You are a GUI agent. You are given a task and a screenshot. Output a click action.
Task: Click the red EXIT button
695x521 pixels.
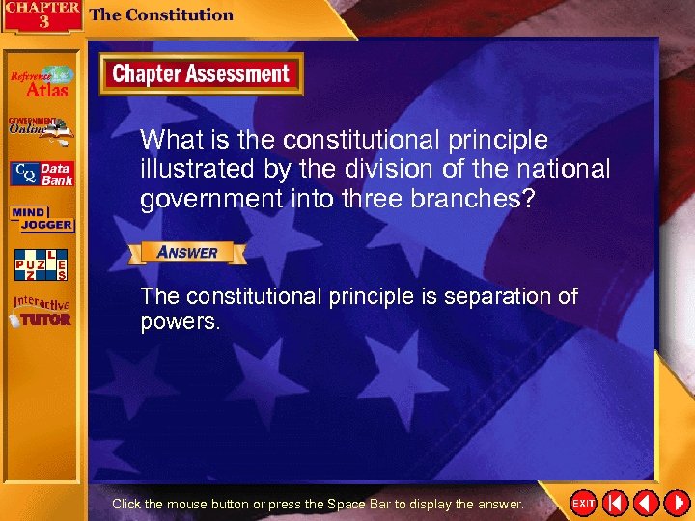[x=583, y=504]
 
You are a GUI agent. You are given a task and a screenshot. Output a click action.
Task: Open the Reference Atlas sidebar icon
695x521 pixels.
[x=42, y=81]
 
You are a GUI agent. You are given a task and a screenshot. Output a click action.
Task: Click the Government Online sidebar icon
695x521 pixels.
[x=42, y=129]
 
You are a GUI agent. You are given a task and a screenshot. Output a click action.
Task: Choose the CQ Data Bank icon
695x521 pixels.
[x=42, y=174]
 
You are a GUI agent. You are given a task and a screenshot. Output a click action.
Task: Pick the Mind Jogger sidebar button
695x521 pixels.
[x=40, y=219]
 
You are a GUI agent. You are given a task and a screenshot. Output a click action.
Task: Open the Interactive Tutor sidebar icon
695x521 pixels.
[x=42, y=311]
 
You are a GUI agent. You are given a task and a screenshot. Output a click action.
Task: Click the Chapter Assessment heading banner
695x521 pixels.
[x=201, y=74]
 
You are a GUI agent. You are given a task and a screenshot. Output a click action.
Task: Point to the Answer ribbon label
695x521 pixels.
[x=187, y=253]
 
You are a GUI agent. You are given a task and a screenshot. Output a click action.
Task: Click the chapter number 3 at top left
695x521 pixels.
[x=43, y=21]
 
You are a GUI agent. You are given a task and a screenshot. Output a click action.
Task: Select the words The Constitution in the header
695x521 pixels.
[x=161, y=14]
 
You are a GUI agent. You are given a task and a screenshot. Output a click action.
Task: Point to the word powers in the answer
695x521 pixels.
[x=181, y=321]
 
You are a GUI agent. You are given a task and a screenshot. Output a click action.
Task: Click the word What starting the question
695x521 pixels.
[x=170, y=140]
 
